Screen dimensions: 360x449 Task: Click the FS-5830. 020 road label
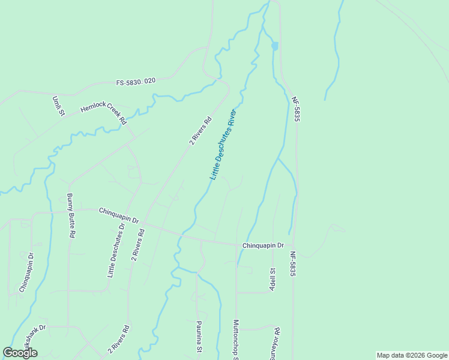pos(136,82)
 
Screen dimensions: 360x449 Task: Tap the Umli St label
pos(58,106)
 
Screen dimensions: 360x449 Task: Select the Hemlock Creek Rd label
pos(104,112)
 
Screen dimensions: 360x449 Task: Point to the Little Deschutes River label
pos(223,145)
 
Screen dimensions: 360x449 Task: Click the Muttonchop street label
pos(236,339)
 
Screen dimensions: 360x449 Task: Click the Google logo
pos(20,353)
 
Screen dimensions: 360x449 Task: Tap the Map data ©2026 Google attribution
pos(412,355)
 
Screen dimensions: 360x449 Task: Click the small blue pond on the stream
pos(275,46)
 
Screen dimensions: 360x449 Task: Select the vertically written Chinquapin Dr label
pos(26,272)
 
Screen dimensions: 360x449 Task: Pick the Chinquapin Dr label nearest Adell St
pos(263,246)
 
